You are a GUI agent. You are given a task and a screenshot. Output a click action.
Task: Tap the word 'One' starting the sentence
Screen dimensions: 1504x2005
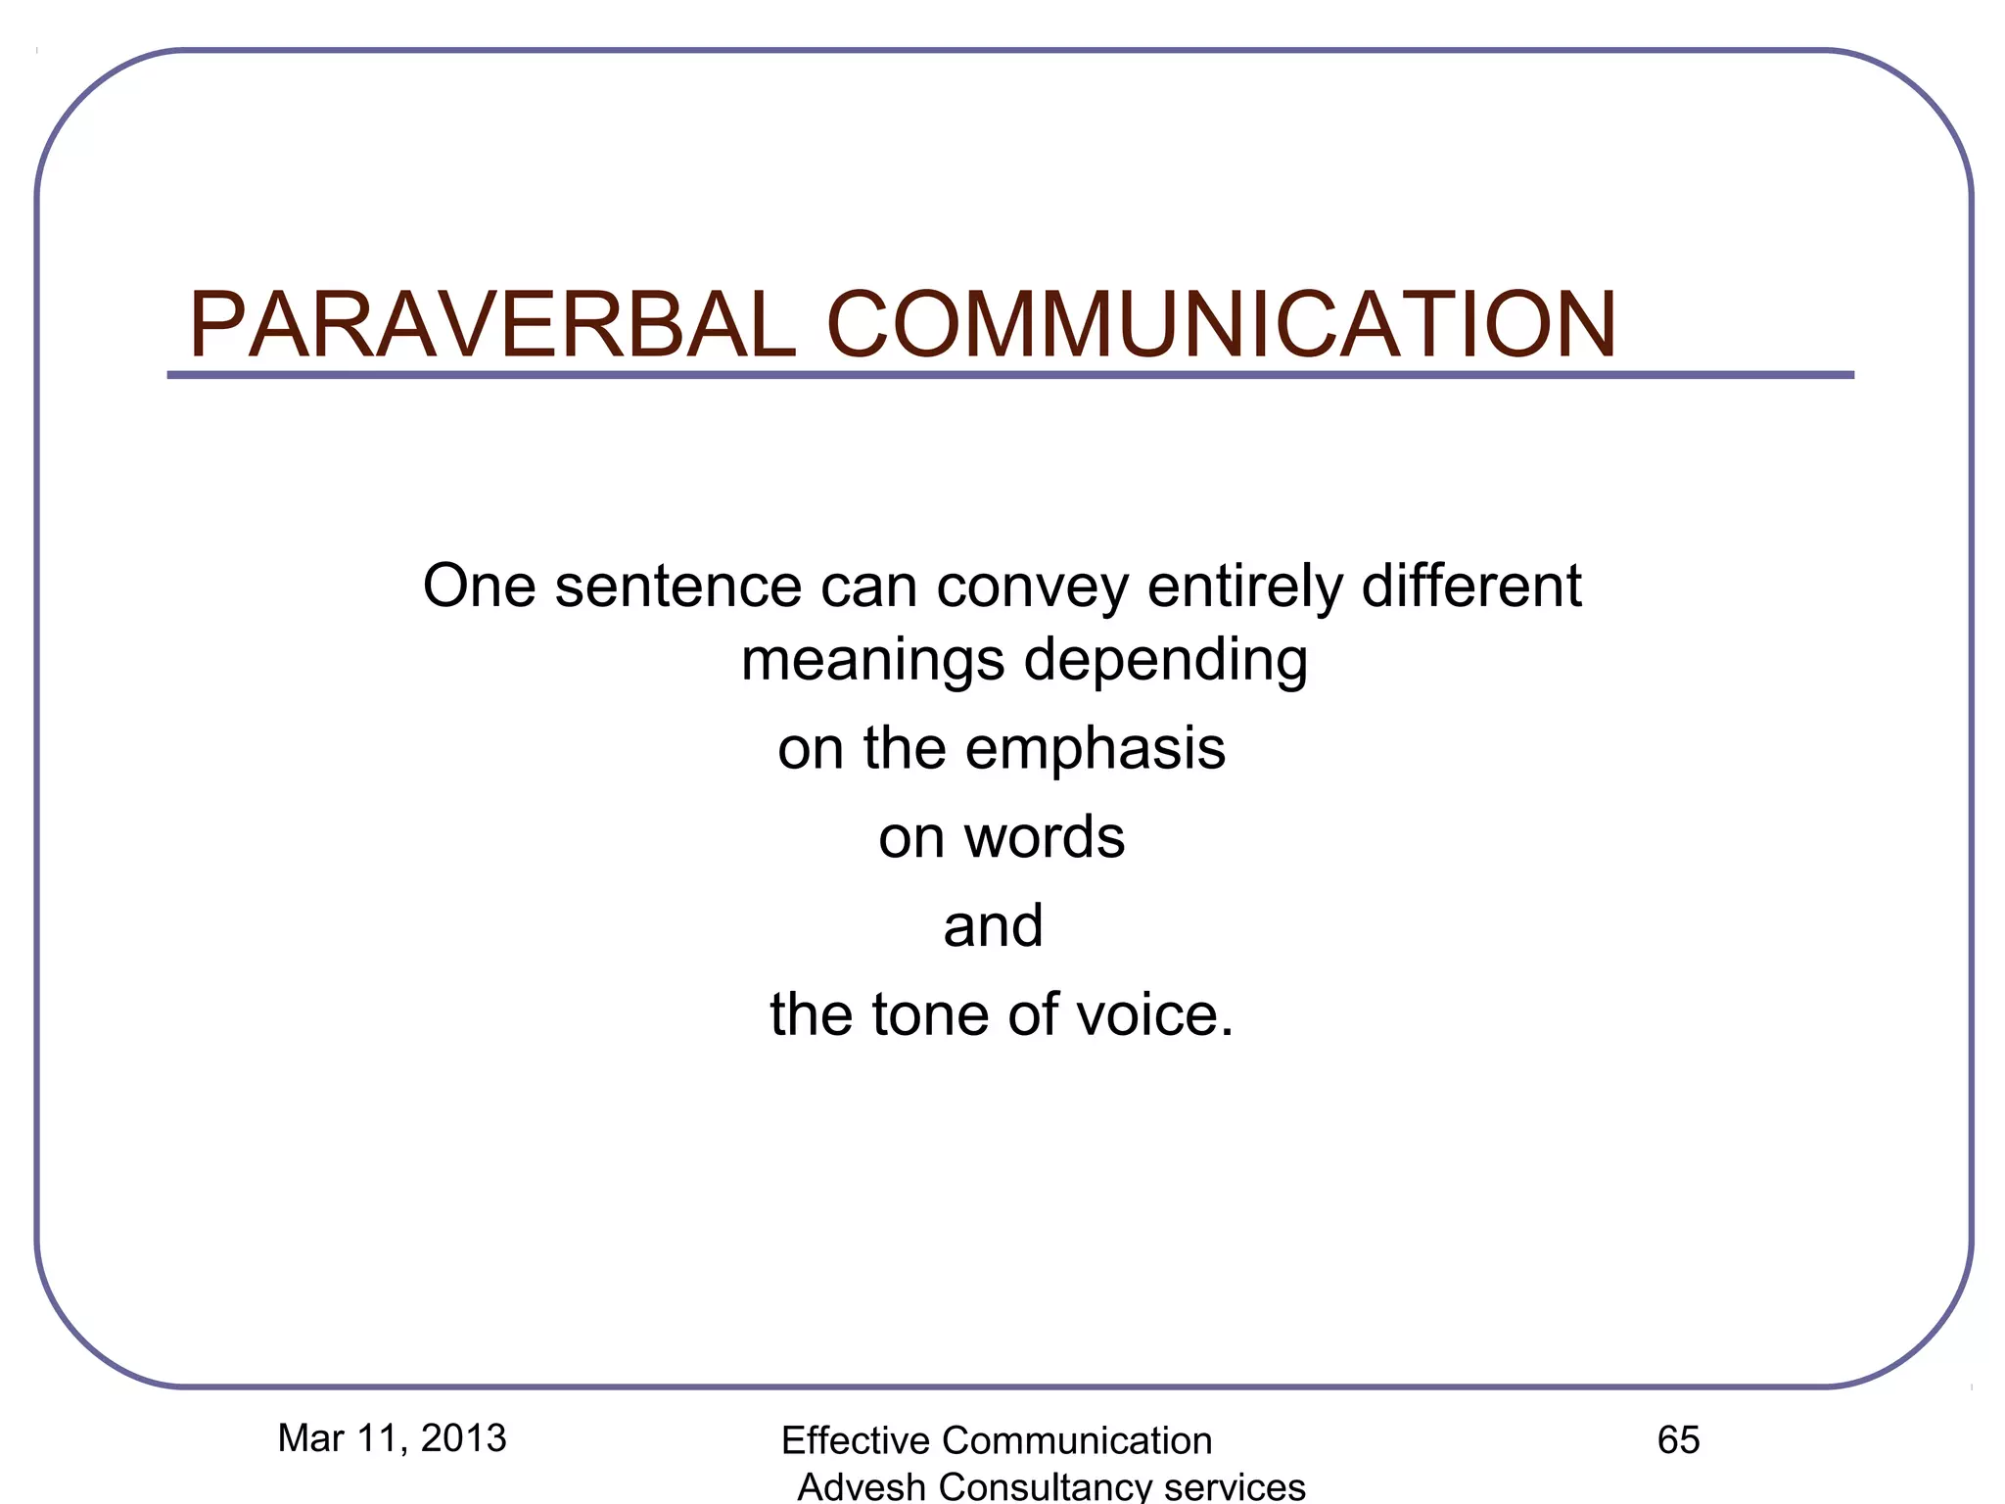click(479, 586)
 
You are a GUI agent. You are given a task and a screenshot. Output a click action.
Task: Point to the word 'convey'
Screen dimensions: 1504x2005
click(1032, 587)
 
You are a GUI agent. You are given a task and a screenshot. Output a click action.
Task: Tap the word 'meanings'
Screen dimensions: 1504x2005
click(872, 661)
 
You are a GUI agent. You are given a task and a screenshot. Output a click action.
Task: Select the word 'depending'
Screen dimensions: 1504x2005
click(1165, 661)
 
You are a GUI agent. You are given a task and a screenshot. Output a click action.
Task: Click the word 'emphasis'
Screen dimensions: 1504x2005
click(1095, 750)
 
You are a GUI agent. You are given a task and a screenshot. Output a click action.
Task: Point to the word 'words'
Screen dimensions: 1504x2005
click(1044, 837)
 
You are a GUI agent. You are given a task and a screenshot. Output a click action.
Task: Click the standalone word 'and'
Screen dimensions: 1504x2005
click(993, 925)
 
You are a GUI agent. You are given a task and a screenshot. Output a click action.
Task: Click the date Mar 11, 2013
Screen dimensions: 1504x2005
click(392, 1438)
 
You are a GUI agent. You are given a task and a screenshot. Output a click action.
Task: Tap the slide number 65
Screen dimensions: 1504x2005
click(1678, 1440)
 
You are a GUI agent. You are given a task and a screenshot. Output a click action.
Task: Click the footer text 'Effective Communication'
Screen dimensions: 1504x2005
click(997, 1441)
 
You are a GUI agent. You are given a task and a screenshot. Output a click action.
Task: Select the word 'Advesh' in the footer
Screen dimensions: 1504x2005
click(862, 1486)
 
